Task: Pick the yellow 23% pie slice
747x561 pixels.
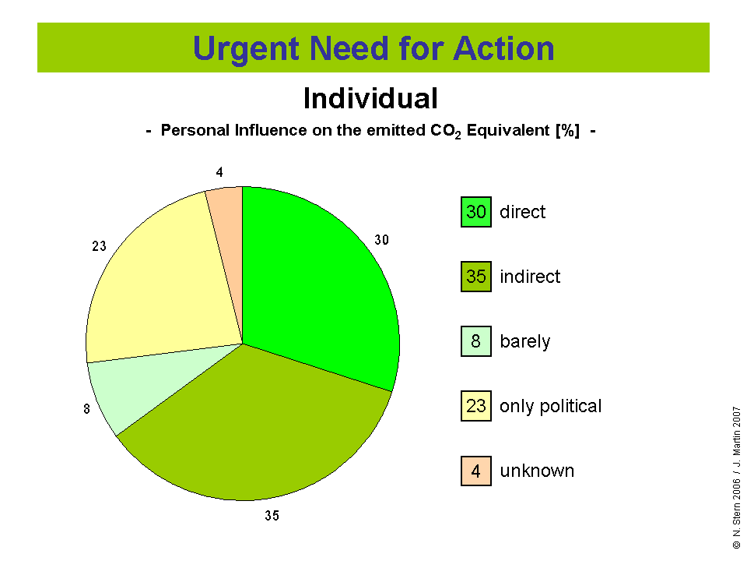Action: (167, 286)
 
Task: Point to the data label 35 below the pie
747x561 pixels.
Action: (272, 516)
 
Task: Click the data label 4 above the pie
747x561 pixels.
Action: (219, 172)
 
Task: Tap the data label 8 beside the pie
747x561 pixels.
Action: (86, 409)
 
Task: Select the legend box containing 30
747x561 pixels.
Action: (476, 212)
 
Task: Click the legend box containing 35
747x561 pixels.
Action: (476, 277)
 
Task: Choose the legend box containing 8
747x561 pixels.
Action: (476, 341)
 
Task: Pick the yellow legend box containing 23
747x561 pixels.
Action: (476, 406)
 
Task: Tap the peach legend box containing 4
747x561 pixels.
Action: (476, 471)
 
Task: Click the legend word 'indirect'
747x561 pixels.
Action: (530, 277)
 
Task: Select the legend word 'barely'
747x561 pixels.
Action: (525, 342)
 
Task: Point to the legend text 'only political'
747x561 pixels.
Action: (551, 407)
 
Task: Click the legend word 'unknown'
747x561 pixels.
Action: (537, 471)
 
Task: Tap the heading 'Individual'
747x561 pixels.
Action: (370, 99)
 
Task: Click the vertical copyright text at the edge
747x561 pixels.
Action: (737, 478)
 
